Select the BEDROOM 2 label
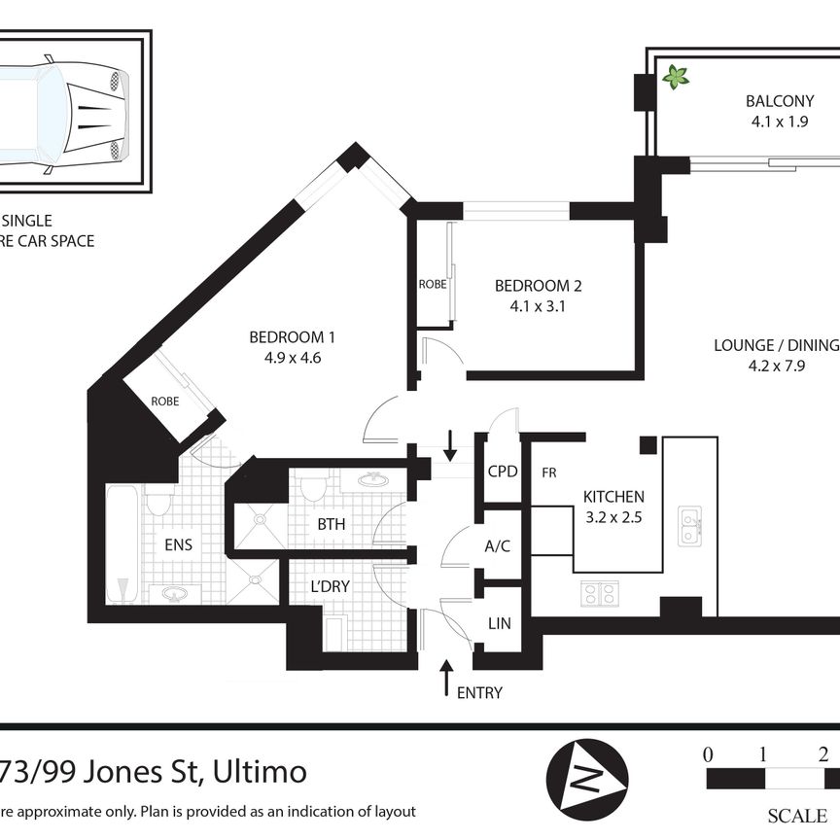(x=538, y=286)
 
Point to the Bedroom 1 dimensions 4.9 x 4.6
(x=292, y=357)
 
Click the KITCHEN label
(x=612, y=497)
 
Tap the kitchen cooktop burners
(x=600, y=593)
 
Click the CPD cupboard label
(x=502, y=472)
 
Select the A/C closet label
(x=498, y=546)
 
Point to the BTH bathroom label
(x=332, y=525)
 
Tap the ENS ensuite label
(x=178, y=545)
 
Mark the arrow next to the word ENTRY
(x=446, y=678)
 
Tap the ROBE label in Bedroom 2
(x=432, y=286)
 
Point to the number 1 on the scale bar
(x=764, y=753)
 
